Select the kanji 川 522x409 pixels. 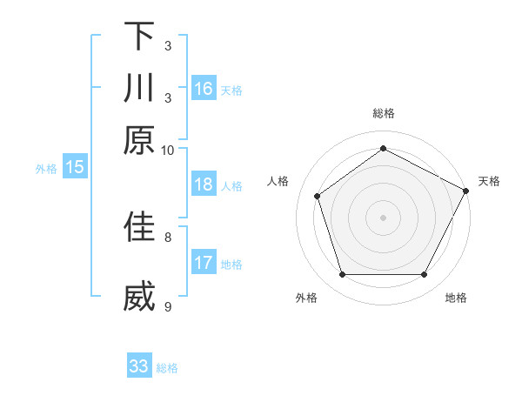coord(139,88)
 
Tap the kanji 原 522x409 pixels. coord(139,139)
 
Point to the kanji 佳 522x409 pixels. coord(139,225)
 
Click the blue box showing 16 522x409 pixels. coord(204,89)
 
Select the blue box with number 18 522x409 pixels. coord(204,184)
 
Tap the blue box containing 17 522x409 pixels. coord(204,263)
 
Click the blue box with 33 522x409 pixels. coord(139,366)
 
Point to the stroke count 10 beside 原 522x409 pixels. coord(168,150)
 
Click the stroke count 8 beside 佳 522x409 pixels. coord(168,236)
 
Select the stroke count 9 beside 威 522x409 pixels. coord(168,306)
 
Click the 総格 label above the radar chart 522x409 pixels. coord(384,113)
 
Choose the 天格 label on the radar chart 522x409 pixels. coord(489,181)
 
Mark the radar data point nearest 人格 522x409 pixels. coord(318,196)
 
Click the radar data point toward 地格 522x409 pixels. coord(425,275)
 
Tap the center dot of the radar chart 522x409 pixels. coord(384,217)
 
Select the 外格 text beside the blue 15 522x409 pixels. coord(46,169)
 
